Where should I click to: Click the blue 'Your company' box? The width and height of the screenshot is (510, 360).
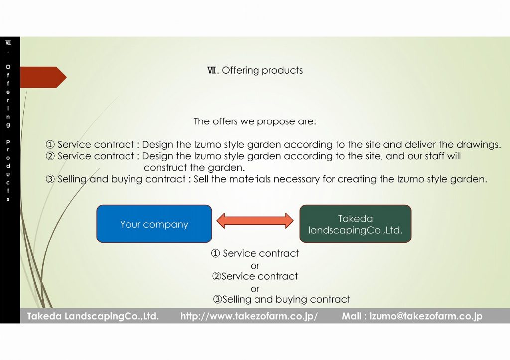tap(154, 224)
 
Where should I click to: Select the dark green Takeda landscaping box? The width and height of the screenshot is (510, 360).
tap(356, 224)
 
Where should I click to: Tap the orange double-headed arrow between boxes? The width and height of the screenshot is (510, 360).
tap(255, 221)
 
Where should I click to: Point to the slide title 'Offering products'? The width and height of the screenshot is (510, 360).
tap(262, 70)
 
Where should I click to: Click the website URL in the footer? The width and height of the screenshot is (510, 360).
tap(249, 316)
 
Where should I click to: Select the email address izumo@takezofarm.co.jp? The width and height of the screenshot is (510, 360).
tap(426, 316)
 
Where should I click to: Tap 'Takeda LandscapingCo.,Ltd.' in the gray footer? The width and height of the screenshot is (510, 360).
tap(93, 316)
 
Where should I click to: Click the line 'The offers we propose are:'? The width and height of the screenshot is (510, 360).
tap(255, 121)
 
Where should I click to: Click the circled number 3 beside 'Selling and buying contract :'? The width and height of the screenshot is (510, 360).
tap(50, 179)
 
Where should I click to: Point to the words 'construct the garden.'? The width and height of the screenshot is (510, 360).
tap(194, 168)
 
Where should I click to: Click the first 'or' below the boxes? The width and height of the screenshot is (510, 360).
tap(255, 266)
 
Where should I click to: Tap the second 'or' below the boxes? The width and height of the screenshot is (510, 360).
tap(255, 289)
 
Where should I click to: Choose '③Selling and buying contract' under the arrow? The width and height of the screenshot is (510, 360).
tap(281, 299)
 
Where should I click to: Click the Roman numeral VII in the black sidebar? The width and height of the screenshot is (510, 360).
tap(8, 42)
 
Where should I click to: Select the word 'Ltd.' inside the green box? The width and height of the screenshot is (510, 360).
tap(394, 230)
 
